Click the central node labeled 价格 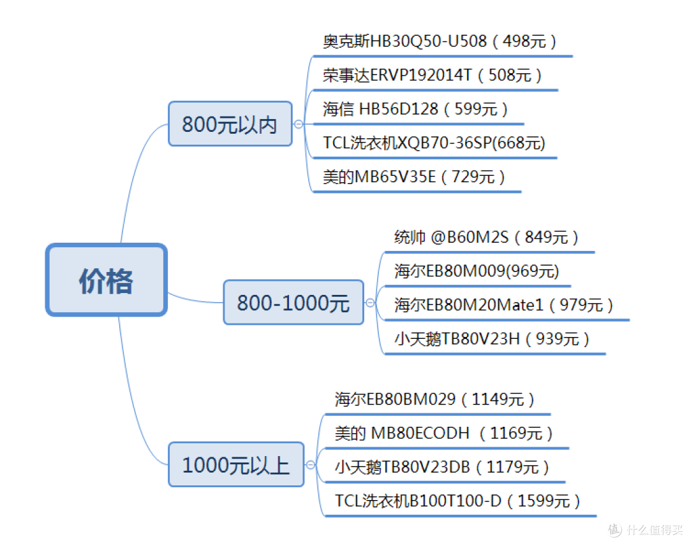106,280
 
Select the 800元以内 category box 230,124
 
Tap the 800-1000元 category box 293,303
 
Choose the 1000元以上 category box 235,464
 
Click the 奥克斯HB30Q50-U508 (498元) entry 440,42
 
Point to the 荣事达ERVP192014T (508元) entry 433,76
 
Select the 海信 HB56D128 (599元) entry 415,110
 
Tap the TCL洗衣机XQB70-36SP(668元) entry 434,143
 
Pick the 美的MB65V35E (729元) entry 414,177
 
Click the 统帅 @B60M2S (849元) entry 487,238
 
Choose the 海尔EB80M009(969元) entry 477,271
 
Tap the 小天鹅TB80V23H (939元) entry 492,339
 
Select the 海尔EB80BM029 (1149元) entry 434,399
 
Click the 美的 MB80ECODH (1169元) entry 443,434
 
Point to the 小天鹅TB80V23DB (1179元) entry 442,468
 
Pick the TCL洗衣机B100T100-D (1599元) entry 457,501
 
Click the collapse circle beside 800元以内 299,124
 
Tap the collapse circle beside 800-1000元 370,303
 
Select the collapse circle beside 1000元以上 311,464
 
